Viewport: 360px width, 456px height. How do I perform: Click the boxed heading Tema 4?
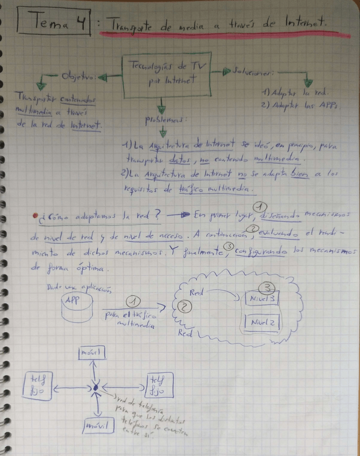tap(54, 22)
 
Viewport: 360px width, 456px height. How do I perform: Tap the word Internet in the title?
tap(308, 23)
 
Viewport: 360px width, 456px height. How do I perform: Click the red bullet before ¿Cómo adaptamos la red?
tap(34, 218)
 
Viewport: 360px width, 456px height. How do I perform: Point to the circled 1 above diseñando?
tap(260, 206)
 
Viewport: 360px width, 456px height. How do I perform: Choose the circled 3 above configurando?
tap(228, 246)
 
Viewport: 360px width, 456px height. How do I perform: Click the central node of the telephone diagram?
tap(96, 387)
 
